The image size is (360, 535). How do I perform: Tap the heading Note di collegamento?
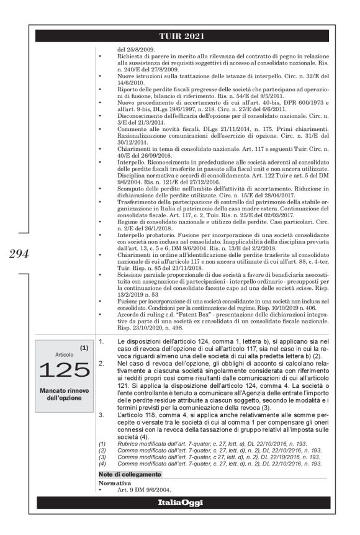coord(130,474)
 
